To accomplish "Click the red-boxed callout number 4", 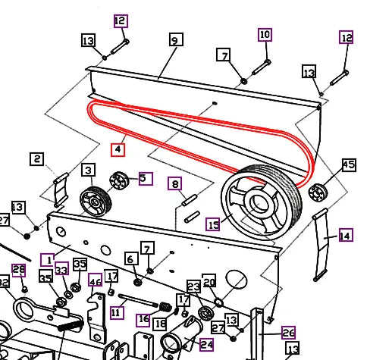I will click(x=118, y=149).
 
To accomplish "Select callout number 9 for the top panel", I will click(x=175, y=40).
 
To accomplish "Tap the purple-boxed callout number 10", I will click(x=265, y=35).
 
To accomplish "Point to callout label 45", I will click(x=348, y=164).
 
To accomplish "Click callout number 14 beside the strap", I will click(x=345, y=236).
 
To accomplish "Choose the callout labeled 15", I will click(x=213, y=224).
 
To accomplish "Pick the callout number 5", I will click(x=145, y=179).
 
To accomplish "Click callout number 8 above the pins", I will click(x=174, y=183).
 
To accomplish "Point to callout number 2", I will click(x=37, y=158).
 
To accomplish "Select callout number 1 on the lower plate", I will click(x=47, y=259).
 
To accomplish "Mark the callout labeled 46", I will click(x=96, y=282).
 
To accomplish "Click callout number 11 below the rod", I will click(x=116, y=311).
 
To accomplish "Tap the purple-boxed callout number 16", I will click(x=143, y=320).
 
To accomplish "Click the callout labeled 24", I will click(x=206, y=344).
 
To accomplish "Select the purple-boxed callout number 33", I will click(x=61, y=270).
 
